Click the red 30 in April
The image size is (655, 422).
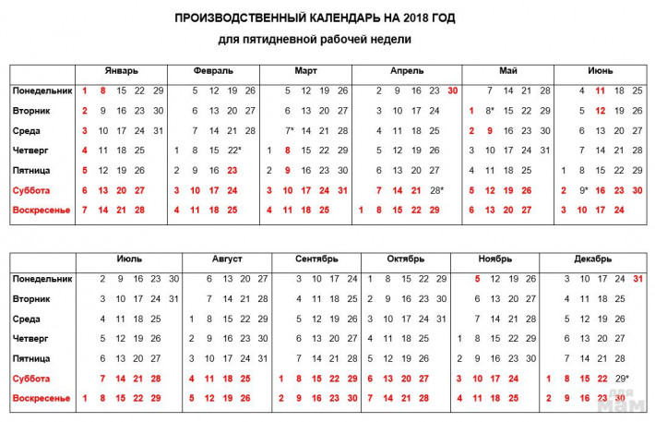(x=452, y=90)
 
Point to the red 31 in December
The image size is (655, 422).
(x=638, y=279)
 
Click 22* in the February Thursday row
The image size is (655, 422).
(x=233, y=151)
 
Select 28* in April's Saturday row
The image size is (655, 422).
(x=436, y=190)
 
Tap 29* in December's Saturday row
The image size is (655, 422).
(x=623, y=379)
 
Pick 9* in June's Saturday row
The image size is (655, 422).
(x=584, y=190)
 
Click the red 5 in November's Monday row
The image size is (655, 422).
(x=476, y=279)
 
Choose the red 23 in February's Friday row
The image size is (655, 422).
(x=232, y=170)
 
